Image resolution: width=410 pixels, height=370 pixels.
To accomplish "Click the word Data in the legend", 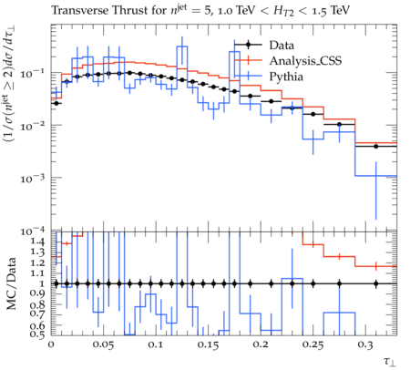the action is click(x=282, y=46).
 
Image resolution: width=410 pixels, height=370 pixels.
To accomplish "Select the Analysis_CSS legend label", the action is click(x=305, y=61).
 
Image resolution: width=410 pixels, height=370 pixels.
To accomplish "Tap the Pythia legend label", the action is click(x=286, y=77).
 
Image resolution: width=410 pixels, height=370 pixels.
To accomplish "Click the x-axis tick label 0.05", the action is click(x=103, y=344).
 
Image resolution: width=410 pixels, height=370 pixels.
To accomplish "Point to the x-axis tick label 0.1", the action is click(x=156, y=344).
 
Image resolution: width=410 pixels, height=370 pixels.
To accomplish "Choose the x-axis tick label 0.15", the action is click(x=208, y=344).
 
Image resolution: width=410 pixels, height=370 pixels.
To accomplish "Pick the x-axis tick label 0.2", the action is click(x=261, y=344).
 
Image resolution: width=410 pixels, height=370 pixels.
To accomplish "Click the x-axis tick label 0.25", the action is click(x=313, y=344).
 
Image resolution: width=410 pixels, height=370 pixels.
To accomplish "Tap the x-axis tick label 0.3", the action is click(x=365, y=344).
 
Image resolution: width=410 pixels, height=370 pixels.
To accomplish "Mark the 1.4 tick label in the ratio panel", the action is click(x=37, y=242).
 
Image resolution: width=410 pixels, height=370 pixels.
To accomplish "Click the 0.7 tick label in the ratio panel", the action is click(x=37, y=313).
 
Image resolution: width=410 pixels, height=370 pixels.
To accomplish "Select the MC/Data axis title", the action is click(x=12, y=283).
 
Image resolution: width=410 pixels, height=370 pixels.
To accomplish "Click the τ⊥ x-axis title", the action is click(x=390, y=361).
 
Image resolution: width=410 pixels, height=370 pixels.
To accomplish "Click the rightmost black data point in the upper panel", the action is click(x=376, y=146).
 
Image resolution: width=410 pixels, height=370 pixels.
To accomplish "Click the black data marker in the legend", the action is click(x=248, y=46).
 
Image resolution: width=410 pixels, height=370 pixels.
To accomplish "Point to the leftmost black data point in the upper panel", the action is click(x=56, y=103).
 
